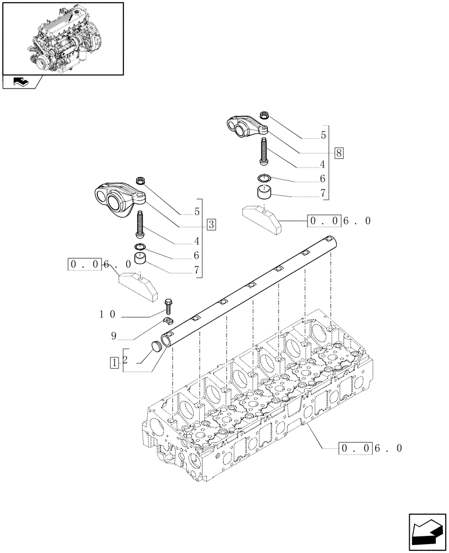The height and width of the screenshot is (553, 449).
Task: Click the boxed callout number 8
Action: [338, 153]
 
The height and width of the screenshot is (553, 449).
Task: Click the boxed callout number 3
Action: [212, 225]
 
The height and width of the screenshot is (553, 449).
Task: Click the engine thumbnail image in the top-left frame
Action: [62, 38]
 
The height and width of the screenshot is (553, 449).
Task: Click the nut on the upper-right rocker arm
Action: [265, 116]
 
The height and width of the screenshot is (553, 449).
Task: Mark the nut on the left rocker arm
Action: [140, 181]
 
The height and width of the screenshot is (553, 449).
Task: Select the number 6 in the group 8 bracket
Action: [323, 179]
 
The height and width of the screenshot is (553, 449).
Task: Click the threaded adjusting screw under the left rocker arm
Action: [139, 226]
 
